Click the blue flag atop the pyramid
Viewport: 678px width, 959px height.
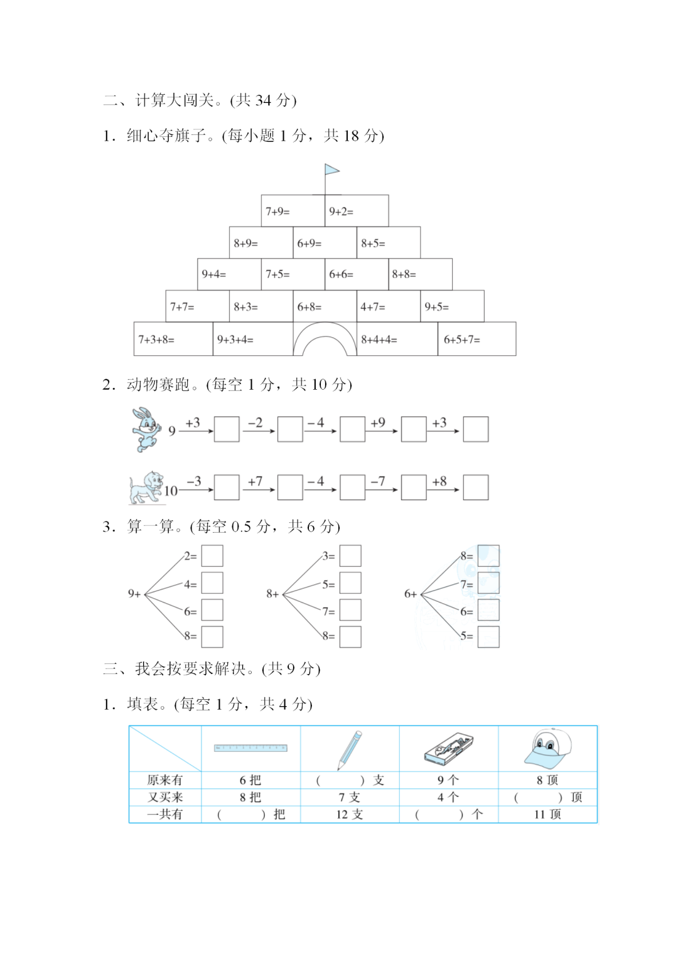pyautogui.click(x=331, y=170)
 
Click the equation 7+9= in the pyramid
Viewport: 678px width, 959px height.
pyautogui.click(x=277, y=212)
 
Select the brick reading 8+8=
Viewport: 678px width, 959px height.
pyautogui.click(x=404, y=274)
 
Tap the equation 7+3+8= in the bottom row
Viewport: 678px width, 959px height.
pyautogui.click(x=156, y=340)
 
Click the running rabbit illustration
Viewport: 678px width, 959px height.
pyautogui.click(x=145, y=429)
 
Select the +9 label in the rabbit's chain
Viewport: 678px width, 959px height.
pyautogui.click(x=378, y=422)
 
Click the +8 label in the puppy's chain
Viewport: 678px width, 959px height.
pyautogui.click(x=439, y=481)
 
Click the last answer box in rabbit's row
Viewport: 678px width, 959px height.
pyautogui.click(x=475, y=429)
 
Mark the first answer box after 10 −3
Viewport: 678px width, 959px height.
pyautogui.click(x=227, y=487)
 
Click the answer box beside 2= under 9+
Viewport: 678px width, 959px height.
pyautogui.click(x=212, y=556)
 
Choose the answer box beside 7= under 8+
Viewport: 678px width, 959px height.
pyautogui.click(x=350, y=610)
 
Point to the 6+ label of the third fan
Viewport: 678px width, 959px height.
pyautogui.click(x=410, y=594)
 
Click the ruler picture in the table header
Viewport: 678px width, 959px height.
pyautogui.click(x=250, y=748)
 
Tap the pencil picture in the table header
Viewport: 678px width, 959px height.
pyautogui.click(x=349, y=749)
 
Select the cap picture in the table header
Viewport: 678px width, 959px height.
pyautogui.click(x=548, y=748)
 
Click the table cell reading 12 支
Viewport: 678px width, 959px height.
pyautogui.click(x=350, y=815)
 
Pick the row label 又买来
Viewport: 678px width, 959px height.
pyautogui.click(x=165, y=797)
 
